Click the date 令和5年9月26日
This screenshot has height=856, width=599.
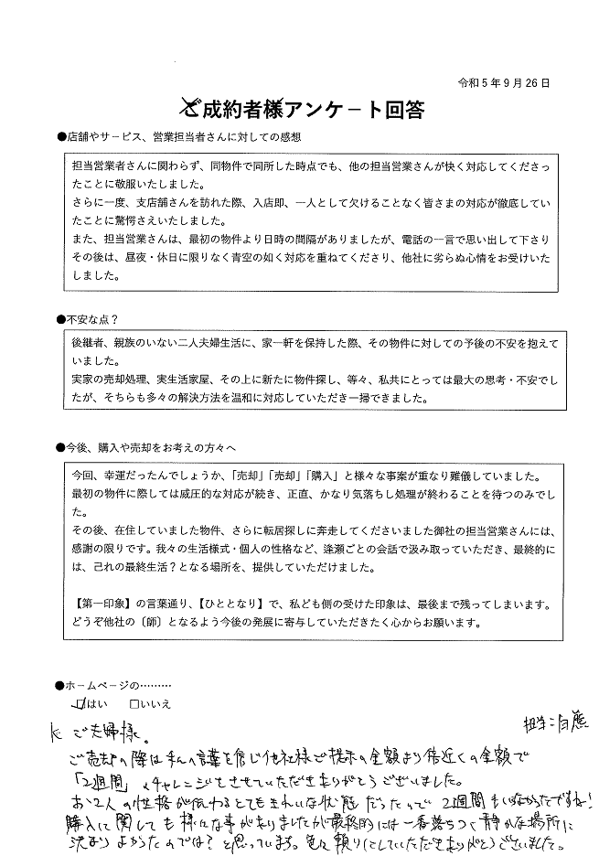(x=504, y=82)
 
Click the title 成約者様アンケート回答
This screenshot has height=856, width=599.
(x=313, y=110)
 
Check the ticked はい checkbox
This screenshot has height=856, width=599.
(x=83, y=704)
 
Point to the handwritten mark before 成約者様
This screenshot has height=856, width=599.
(x=187, y=108)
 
